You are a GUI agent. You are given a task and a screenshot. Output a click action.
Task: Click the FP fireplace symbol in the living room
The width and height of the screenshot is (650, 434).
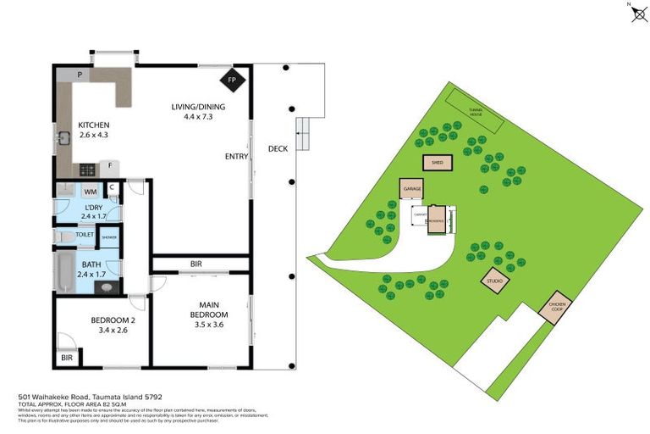coord(234,81)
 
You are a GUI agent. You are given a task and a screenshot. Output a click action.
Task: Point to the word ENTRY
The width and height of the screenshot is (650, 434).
coord(236,157)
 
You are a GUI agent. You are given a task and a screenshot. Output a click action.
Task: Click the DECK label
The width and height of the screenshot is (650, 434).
coord(278,148)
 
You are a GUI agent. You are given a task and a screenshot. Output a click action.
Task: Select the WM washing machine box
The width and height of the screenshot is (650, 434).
coord(90,192)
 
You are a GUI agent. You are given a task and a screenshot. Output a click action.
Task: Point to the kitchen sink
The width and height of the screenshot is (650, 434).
coord(63,137)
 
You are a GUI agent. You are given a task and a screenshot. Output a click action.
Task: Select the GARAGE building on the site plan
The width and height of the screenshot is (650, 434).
coord(412,189)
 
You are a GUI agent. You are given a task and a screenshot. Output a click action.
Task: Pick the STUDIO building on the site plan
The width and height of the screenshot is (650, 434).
coord(493,281)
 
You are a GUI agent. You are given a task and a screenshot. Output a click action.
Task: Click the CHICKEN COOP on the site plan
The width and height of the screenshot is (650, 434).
coord(555,308)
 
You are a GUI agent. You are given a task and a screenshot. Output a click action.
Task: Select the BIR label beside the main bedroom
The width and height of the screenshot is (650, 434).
coord(196,264)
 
